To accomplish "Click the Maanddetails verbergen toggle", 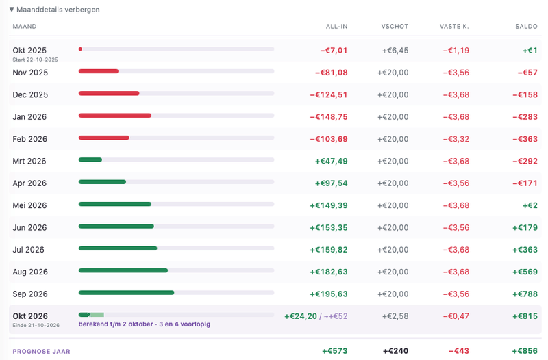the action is [x=55, y=10].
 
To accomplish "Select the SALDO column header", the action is [x=526, y=27].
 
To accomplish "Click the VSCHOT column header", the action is [x=395, y=27].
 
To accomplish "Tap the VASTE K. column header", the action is [x=454, y=27].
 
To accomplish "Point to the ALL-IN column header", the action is [x=336, y=27].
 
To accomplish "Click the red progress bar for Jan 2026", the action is [x=115, y=116].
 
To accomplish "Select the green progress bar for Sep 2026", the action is [x=126, y=293].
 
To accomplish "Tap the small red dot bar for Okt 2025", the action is [x=80, y=49].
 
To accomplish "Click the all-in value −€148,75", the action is [x=329, y=117].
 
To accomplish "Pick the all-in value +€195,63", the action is [x=329, y=294].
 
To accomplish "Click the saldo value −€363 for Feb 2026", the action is [x=525, y=139].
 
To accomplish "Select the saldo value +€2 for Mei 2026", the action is [x=530, y=205].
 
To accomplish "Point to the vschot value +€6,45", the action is [x=395, y=51].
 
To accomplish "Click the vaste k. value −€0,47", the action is [x=456, y=316].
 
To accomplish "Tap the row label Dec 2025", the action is [x=30, y=94].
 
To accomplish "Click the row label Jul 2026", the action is [x=28, y=250].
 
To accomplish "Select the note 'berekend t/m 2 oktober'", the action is [x=116, y=324].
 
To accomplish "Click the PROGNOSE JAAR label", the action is [x=41, y=352].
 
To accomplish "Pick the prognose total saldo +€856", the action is [x=525, y=351].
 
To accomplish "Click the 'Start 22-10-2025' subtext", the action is [x=36, y=60].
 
